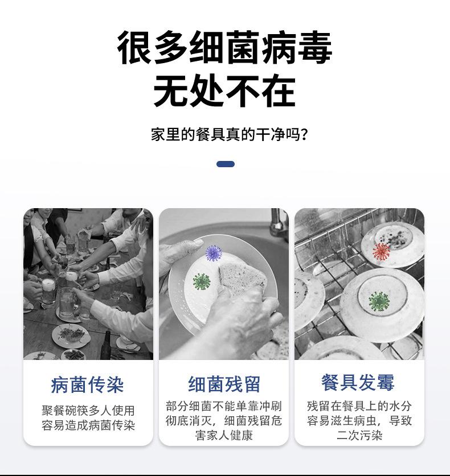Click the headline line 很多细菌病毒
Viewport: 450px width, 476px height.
[224, 48]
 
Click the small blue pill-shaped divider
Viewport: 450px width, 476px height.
[226, 164]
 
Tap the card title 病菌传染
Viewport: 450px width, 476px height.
[87, 385]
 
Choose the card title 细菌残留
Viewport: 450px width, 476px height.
[224, 384]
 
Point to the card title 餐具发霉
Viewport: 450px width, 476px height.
[358, 383]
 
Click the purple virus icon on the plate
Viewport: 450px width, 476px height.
[214, 252]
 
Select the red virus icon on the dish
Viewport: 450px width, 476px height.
[381, 251]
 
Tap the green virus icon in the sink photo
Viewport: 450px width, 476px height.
[201, 281]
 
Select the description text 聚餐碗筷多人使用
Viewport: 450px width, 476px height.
[88, 411]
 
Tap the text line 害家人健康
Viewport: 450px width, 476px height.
[224, 436]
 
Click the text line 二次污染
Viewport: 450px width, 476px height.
[359, 436]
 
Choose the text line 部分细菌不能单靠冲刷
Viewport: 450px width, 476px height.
[224, 407]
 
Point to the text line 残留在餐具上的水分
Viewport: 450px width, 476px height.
[359, 407]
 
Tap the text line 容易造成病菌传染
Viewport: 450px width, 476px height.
[88, 425]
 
